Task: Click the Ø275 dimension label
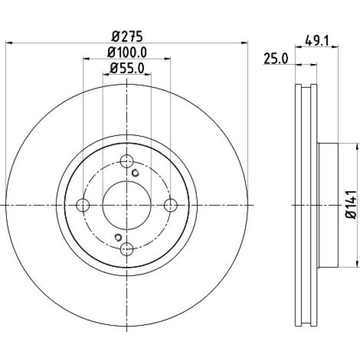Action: tap(127, 36)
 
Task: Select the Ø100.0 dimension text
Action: tap(127, 52)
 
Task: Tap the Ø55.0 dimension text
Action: tap(127, 68)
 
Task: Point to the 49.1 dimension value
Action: tap(317, 41)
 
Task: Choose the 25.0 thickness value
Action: tap(275, 58)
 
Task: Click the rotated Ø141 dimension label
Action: tap(351, 205)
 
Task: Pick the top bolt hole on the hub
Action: tap(127, 161)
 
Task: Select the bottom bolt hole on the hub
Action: tap(127, 249)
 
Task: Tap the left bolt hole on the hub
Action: tap(83, 205)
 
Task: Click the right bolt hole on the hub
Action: tap(171, 205)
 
